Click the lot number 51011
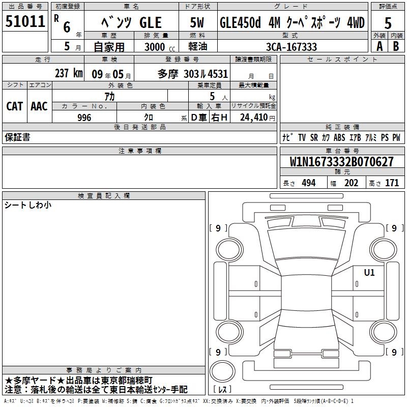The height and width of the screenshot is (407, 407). point(25,21)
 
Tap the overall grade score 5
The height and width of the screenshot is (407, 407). point(388,23)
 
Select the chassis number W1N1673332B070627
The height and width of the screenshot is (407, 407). point(341,162)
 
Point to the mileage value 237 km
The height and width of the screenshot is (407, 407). point(69,73)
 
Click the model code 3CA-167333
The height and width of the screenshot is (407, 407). point(292,47)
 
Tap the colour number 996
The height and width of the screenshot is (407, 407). point(84,118)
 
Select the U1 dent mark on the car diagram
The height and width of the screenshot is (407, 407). point(369,272)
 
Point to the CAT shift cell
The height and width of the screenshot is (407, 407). point(15,106)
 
